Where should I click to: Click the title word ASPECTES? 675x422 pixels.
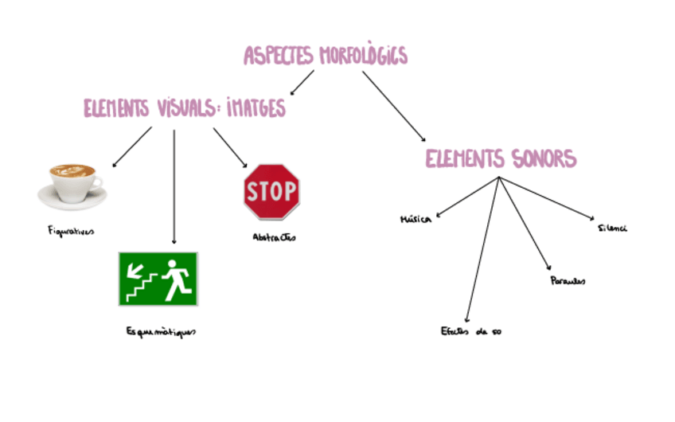(x=279, y=55)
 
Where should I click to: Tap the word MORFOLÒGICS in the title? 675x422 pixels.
(x=363, y=55)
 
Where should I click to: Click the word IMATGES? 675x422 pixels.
(x=252, y=107)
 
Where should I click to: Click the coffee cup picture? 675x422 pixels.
(x=72, y=185)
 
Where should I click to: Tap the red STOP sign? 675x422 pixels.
(x=271, y=191)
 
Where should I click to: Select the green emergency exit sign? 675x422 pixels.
(x=158, y=278)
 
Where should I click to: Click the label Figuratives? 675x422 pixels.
(x=70, y=232)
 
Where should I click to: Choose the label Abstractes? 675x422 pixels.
(x=273, y=236)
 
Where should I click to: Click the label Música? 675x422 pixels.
(x=416, y=219)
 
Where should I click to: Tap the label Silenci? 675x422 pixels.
(x=612, y=229)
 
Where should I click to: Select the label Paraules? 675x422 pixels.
(x=568, y=281)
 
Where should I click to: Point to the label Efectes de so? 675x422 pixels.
(x=471, y=331)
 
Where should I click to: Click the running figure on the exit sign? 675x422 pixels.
(x=175, y=279)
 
